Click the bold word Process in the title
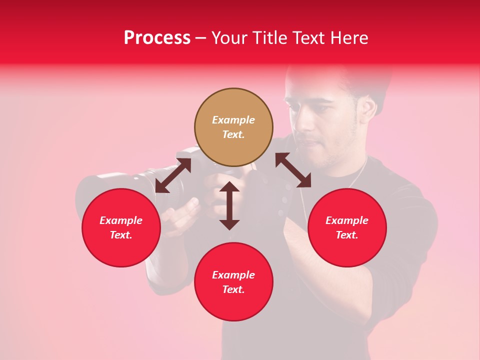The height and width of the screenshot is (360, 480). [x=157, y=38]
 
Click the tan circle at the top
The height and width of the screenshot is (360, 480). [x=233, y=127]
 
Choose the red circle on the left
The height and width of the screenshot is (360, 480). [x=121, y=227]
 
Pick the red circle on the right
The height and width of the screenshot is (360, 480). [x=347, y=227]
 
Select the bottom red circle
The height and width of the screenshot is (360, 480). [x=233, y=282]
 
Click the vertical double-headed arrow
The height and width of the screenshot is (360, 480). [x=229, y=205]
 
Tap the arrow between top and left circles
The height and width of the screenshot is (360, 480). [x=173, y=175]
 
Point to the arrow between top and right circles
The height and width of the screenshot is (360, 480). [x=293, y=170]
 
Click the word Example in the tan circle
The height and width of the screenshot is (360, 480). [x=233, y=120]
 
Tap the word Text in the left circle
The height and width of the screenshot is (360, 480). [x=121, y=235]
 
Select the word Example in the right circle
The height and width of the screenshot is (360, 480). [x=347, y=220]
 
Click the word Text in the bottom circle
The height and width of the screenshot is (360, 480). [x=233, y=289]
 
